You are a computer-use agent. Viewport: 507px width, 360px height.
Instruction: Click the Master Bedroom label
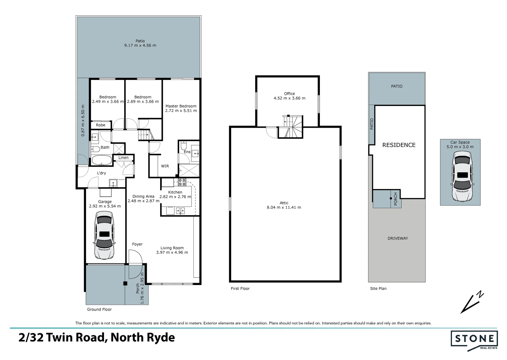tap(181, 106)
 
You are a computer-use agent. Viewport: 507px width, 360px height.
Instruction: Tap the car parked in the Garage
tap(104, 235)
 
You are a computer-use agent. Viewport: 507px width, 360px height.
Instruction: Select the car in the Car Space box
tap(462, 176)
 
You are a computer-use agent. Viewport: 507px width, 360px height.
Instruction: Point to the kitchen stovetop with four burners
tap(182, 182)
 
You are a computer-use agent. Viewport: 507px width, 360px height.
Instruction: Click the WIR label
tap(165, 166)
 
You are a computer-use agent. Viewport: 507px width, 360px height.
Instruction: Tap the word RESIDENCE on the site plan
tap(399, 145)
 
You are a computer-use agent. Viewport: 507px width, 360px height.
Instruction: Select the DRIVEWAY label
tap(398, 238)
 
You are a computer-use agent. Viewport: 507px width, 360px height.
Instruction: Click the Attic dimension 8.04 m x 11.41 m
tap(284, 207)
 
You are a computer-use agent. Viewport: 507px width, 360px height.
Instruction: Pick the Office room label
tap(289, 94)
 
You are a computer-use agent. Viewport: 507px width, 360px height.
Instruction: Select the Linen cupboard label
tap(123, 157)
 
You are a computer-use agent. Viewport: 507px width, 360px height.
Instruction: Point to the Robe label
tap(100, 125)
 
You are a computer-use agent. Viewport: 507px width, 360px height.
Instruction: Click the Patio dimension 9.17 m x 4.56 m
tap(140, 45)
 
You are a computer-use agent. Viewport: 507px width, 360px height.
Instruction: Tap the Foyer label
tap(137, 244)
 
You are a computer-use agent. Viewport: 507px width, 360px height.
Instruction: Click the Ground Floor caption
tap(99, 309)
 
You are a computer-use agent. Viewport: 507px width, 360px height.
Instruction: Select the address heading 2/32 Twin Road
tap(97, 338)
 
